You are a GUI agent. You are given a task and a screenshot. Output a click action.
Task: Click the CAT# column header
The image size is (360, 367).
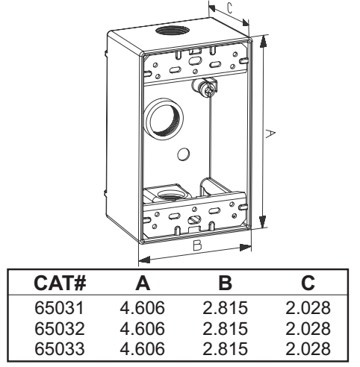click(60, 283)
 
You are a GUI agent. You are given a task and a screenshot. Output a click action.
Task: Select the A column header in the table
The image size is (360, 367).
click(143, 283)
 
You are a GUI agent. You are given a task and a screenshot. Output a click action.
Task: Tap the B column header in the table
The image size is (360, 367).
click(225, 283)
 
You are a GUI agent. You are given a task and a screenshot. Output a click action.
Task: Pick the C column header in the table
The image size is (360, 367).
click(308, 283)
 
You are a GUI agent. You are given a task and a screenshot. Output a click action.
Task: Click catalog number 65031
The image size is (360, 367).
click(60, 308)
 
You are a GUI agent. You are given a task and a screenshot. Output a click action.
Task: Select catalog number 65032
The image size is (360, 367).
click(60, 328)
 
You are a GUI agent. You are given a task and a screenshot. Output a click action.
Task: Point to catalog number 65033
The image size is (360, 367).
click(60, 348)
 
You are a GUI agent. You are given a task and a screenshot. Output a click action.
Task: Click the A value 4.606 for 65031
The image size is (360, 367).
click(143, 308)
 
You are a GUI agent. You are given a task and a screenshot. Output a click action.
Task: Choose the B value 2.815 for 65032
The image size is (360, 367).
click(225, 328)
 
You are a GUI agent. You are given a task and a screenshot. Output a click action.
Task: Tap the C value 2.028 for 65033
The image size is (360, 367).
click(308, 348)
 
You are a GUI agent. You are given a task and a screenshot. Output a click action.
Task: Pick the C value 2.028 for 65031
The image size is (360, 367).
click(308, 308)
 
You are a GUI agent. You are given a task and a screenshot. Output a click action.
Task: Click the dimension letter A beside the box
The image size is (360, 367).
click(270, 134)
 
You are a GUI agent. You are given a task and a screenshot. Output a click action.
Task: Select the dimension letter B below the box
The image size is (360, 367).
click(197, 245)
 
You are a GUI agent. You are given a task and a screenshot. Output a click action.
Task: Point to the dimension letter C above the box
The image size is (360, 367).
click(230, 8)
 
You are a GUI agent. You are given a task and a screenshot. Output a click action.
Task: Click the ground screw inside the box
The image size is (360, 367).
click(207, 90)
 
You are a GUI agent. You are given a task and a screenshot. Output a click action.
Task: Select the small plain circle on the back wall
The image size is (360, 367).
click(184, 154)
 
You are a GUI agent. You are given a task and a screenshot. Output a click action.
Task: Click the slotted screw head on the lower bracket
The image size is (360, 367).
click(194, 219)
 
